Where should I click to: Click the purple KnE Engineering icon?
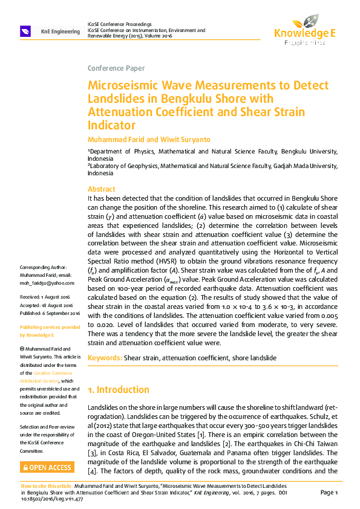pos(25,31)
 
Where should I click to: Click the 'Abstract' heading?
pos(101,189)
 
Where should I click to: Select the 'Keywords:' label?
pos(105,358)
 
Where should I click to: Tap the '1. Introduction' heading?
pos(119,390)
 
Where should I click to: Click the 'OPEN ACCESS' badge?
pos(47,467)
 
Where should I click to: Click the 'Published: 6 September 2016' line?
pos(50,313)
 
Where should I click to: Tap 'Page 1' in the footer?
pos(329,493)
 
